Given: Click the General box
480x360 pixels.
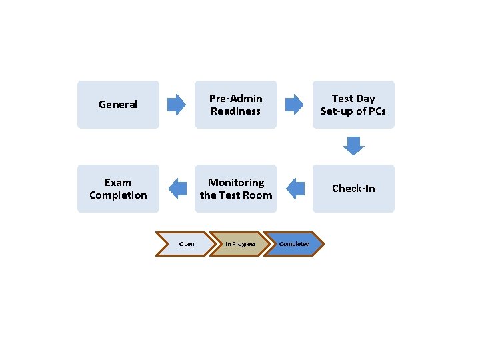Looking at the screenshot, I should (x=118, y=105).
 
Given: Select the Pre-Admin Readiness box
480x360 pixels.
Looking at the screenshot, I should (x=235, y=105).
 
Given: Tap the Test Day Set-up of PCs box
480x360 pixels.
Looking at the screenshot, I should (x=353, y=105).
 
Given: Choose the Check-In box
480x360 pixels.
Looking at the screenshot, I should (x=353, y=189).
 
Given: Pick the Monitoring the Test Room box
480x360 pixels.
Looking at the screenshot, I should (x=235, y=189).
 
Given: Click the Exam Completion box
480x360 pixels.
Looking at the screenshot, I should (x=118, y=189).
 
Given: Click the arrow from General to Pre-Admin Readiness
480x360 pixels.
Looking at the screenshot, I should (x=177, y=105).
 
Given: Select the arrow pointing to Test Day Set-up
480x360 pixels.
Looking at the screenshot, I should (x=294, y=105).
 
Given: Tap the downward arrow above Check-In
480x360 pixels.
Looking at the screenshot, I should (x=353, y=145).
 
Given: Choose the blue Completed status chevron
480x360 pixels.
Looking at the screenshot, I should (x=293, y=244).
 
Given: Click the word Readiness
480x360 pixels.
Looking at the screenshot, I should (x=235, y=111).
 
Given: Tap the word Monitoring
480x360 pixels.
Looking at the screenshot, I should (x=236, y=183).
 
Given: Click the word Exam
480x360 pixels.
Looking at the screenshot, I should (x=118, y=183).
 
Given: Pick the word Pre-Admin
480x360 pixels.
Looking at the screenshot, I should (x=235, y=99).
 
